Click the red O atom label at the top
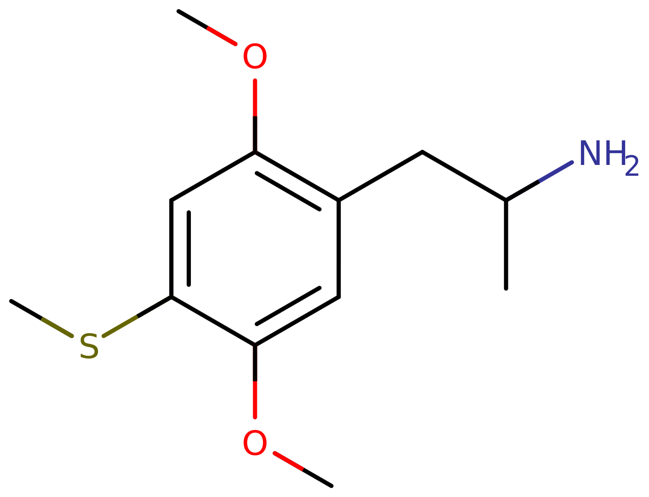tap(255, 56)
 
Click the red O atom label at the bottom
tap(255, 443)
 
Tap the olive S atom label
tap(89, 346)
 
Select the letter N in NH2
tap(591, 153)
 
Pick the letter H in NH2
tap(614, 153)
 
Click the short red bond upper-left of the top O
tap(222, 36)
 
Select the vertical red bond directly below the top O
tap(255, 98)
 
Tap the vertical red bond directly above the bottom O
tap(255, 400)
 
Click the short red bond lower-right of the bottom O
tap(288, 461)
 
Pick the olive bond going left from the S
tap(57, 327)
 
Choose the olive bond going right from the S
tap(120, 327)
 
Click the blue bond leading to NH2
tap(556, 171)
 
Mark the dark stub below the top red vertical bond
tap(255, 135)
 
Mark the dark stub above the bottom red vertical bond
tap(255, 362)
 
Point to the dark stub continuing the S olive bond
tap(155, 306)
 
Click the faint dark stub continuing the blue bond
tap(522, 190)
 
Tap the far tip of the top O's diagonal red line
tap(208, 28)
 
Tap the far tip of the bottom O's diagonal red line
tap(302, 469)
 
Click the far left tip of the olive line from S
tap(43, 319)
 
